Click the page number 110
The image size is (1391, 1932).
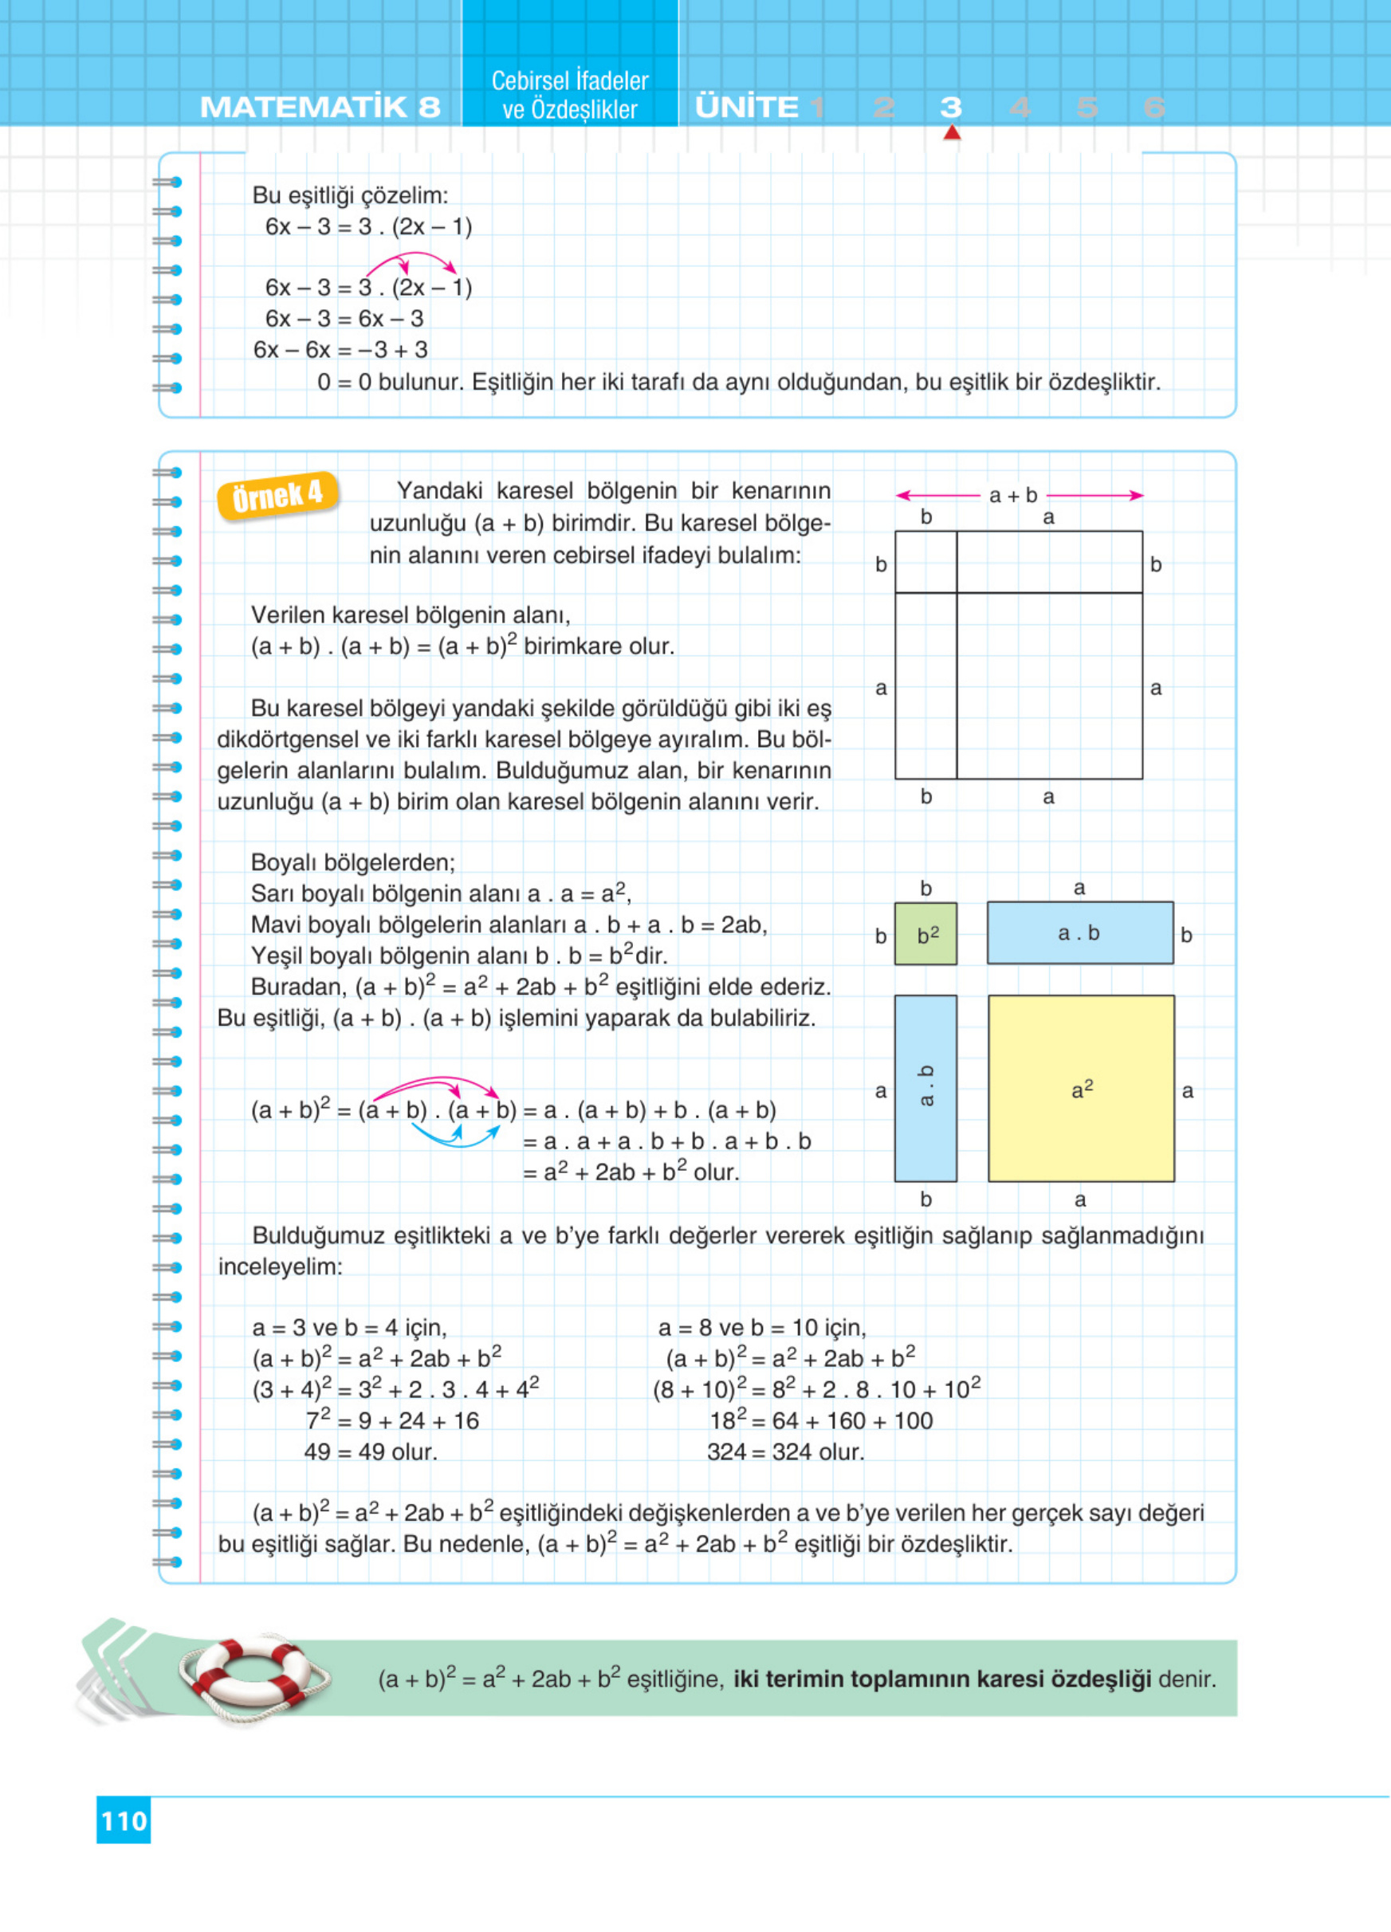pyautogui.click(x=124, y=1820)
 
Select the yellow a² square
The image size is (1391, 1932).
pyautogui.click(x=1081, y=1089)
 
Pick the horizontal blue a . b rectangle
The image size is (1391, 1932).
pyautogui.click(x=1079, y=933)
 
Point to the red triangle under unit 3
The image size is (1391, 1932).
pyautogui.click(x=952, y=133)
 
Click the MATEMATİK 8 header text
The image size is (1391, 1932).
pyautogui.click(x=320, y=108)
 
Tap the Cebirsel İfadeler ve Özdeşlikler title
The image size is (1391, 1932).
pyautogui.click(x=570, y=95)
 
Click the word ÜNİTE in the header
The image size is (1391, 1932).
pyautogui.click(x=747, y=108)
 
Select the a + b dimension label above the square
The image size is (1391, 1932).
pyautogui.click(x=1013, y=495)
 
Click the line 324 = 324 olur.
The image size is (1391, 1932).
pyautogui.click(x=785, y=1451)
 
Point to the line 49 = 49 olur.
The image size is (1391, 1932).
pyautogui.click(x=371, y=1451)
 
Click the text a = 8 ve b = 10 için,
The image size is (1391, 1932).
pyautogui.click(x=761, y=1327)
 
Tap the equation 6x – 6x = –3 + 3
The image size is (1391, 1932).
pyautogui.click(x=340, y=350)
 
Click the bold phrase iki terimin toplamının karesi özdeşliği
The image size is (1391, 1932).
pyautogui.click(x=942, y=1679)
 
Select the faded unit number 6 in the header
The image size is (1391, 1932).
pyautogui.click(x=1154, y=108)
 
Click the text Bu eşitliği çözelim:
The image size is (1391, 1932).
pyautogui.click(x=350, y=195)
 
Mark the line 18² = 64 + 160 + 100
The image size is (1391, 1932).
pyautogui.click(x=821, y=1420)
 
